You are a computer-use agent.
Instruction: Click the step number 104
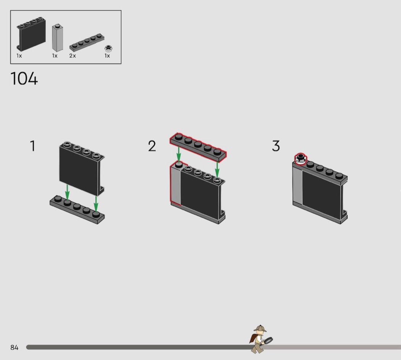24,78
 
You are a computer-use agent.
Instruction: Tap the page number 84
15,347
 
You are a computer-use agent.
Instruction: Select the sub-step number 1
33,146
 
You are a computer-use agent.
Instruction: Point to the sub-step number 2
152,146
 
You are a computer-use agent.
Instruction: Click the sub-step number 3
276,146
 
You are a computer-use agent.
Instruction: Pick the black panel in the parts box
31,34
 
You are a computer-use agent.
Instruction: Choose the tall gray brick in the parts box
58,38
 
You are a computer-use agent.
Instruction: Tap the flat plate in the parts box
87,42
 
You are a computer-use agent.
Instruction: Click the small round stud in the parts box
108,48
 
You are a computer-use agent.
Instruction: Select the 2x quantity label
73,56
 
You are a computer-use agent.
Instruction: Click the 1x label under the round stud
107,56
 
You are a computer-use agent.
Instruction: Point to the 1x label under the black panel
19,56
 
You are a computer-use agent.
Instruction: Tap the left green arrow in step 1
67,192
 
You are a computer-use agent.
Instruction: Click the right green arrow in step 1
96,204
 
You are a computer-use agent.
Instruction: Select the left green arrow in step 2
179,154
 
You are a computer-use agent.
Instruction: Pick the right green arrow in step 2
217,170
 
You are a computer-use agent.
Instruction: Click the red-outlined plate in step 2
198,147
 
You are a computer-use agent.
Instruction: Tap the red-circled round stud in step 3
300,159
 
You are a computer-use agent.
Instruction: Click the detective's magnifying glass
268,341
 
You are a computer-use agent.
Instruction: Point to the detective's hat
260,329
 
